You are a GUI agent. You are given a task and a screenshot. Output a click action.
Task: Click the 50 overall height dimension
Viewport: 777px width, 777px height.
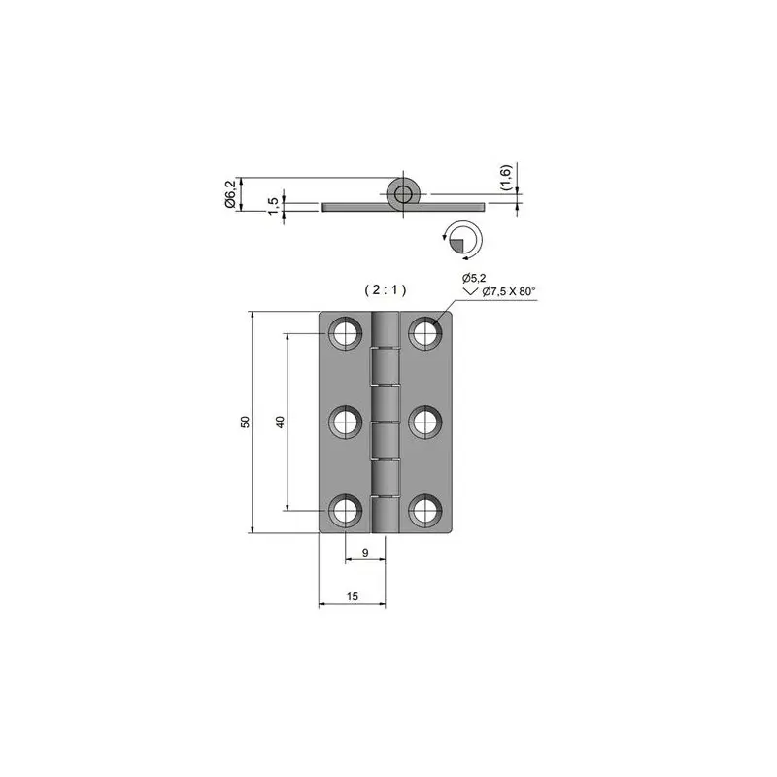coord(246,422)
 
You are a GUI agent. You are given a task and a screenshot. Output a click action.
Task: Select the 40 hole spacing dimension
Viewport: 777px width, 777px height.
coord(280,422)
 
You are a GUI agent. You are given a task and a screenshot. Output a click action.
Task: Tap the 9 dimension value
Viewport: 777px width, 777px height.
coord(365,553)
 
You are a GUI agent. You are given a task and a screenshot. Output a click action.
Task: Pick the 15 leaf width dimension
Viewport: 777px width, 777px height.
coord(353,596)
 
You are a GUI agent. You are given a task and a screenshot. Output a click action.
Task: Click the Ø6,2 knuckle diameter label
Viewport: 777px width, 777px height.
coord(230,194)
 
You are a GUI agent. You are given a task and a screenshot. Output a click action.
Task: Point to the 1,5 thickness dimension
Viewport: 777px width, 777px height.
coord(273,206)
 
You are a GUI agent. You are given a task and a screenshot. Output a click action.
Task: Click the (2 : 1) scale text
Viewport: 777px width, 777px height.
coord(386,289)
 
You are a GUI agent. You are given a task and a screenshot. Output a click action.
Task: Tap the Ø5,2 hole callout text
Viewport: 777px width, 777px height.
coord(474,278)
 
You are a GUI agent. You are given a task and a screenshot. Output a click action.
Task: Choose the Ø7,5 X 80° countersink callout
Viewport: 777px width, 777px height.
coord(509,291)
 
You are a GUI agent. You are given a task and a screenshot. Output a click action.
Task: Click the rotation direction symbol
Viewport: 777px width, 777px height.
coord(463,240)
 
